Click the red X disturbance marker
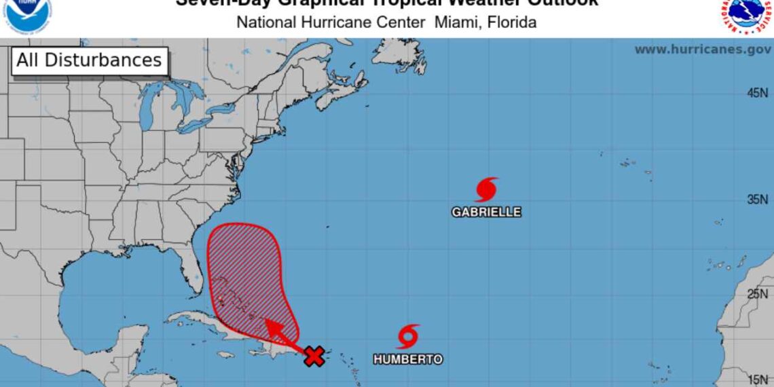313,356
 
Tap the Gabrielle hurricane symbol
486,189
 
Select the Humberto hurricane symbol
407,336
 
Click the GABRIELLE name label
486,212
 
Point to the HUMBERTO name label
407,359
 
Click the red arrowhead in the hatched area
271,327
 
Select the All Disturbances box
89,60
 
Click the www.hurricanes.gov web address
702,50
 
